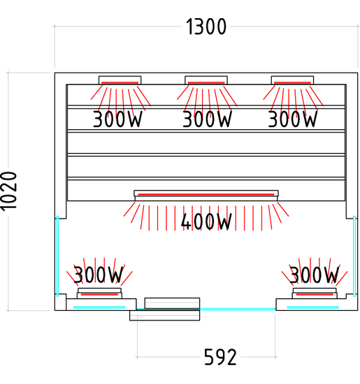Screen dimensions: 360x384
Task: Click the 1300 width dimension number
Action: pos(206,27)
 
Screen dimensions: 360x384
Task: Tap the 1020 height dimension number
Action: pos(9,191)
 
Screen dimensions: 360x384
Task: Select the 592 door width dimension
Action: pos(220,357)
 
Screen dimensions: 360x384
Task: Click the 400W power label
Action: pos(206,221)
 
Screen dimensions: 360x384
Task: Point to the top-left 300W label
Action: pos(117,119)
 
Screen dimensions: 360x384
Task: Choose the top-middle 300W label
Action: pos(207,119)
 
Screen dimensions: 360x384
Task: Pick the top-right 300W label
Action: pos(293,119)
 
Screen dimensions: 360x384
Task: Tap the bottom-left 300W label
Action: pos(98,274)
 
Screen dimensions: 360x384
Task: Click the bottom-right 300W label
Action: pos(315,274)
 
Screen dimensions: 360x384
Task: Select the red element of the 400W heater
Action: pos(206,195)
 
